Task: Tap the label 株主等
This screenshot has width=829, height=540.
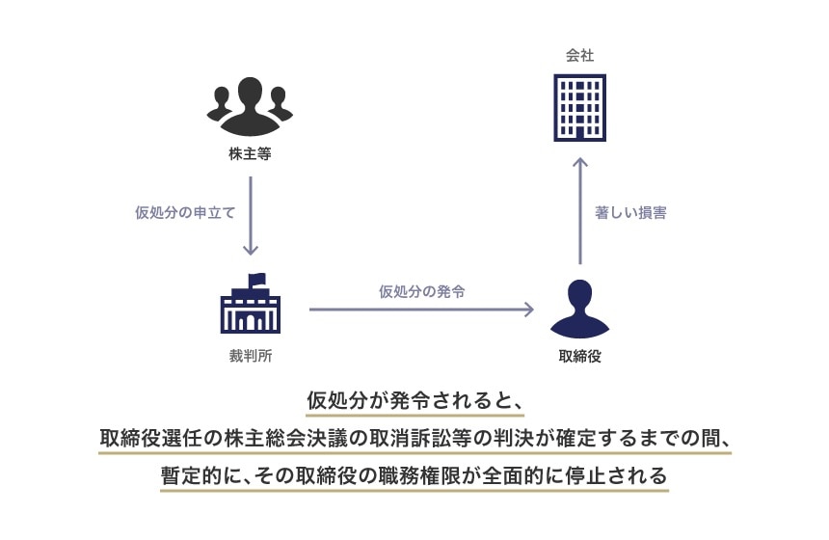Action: click(250, 152)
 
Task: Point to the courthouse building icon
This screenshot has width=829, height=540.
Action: click(250, 307)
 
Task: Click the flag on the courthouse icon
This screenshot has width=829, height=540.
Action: click(257, 280)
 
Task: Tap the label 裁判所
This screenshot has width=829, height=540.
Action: click(250, 356)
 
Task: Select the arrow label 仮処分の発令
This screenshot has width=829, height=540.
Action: click(421, 290)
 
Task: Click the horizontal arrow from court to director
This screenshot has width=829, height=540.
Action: click(421, 310)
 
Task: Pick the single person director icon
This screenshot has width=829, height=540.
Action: click(579, 308)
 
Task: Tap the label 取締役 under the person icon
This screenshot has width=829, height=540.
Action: click(579, 356)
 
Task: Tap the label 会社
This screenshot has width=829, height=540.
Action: click(579, 56)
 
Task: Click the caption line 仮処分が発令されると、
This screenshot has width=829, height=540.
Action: click(414, 400)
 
